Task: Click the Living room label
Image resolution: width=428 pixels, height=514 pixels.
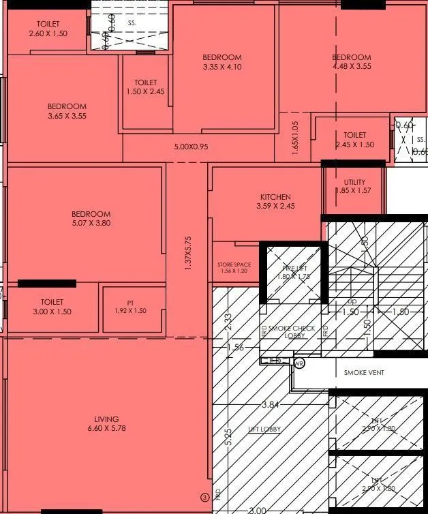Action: [x=107, y=419]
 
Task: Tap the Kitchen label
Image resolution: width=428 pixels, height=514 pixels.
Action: [x=275, y=197]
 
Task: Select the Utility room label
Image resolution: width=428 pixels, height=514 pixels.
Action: [x=354, y=182]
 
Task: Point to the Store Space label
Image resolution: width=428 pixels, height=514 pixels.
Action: [x=234, y=264]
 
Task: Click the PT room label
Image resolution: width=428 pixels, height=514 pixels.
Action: [x=130, y=303]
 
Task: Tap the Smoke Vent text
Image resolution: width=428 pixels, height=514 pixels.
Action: [x=364, y=373]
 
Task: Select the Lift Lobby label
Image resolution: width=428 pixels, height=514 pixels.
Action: [x=264, y=429]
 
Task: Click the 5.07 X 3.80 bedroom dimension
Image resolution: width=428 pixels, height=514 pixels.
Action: [x=91, y=223]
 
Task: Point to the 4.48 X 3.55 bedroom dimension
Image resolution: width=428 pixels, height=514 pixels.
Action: [x=352, y=67]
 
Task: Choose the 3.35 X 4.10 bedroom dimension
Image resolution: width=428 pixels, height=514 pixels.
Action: [x=222, y=67]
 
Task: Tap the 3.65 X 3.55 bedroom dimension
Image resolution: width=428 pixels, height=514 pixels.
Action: [x=67, y=116]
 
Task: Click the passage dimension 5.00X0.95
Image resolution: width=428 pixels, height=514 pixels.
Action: [x=191, y=147]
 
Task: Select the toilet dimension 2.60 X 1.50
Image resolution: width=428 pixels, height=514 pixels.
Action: [x=48, y=33]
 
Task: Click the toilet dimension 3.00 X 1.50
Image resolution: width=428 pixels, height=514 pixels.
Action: [x=52, y=312]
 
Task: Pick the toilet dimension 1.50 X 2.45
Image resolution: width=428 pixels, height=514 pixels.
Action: [x=145, y=91]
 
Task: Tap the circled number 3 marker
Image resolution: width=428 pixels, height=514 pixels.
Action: [x=203, y=497]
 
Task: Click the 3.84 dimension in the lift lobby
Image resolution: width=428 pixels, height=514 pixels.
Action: [x=271, y=405]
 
